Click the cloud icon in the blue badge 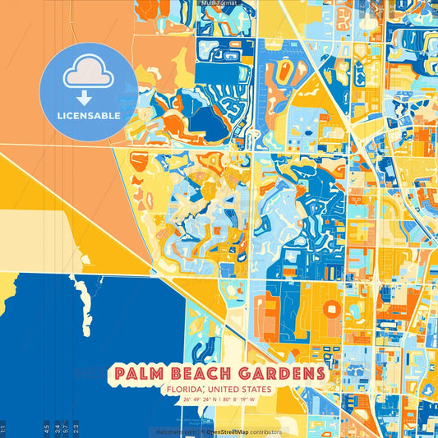[88, 73]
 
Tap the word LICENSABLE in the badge [88, 116]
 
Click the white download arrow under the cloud [88, 98]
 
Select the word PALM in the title [138, 374]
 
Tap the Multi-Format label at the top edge [219, 3]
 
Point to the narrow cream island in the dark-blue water [82, 297]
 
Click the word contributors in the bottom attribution [265, 431]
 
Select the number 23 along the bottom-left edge [76, 428]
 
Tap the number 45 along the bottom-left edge [45, 428]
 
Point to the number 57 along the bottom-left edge [66, 428]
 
